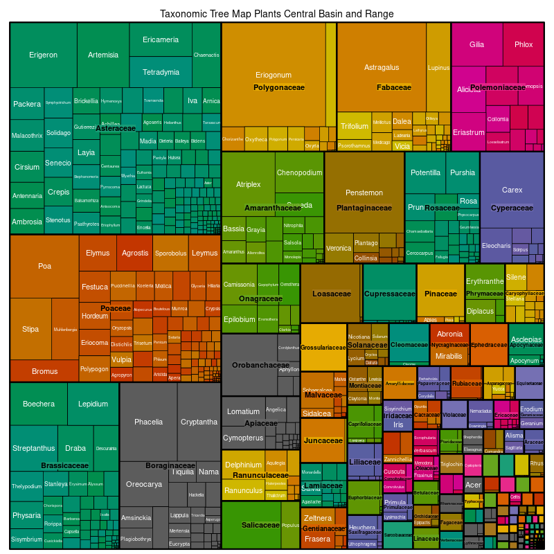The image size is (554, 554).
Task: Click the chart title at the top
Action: click(276, 14)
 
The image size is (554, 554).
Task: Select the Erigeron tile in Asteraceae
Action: click(43, 55)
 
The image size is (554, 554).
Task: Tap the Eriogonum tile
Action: click(273, 75)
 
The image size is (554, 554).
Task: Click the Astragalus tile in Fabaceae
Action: click(382, 67)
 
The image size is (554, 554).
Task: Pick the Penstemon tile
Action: click(364, 193)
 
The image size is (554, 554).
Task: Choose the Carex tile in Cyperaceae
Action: click(512, 190)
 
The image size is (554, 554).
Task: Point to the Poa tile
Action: click(44, 266)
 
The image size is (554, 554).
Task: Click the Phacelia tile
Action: click(148, 422)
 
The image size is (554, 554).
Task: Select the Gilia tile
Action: click(476, 44)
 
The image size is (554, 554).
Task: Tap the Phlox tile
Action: click(524, 44)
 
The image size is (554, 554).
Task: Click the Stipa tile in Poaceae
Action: click(30, 329)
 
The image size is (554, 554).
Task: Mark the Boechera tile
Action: click(38, 404)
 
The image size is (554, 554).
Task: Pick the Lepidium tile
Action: click(93, 404)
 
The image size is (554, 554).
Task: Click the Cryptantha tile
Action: click(199, 422)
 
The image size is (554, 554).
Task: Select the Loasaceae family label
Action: click(331, 294)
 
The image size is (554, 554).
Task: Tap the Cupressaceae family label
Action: click(389, 294)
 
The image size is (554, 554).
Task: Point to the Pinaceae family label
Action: click(440, 294)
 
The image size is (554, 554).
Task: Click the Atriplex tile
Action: click(248, 185)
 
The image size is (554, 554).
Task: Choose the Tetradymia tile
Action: click(161, 72)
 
